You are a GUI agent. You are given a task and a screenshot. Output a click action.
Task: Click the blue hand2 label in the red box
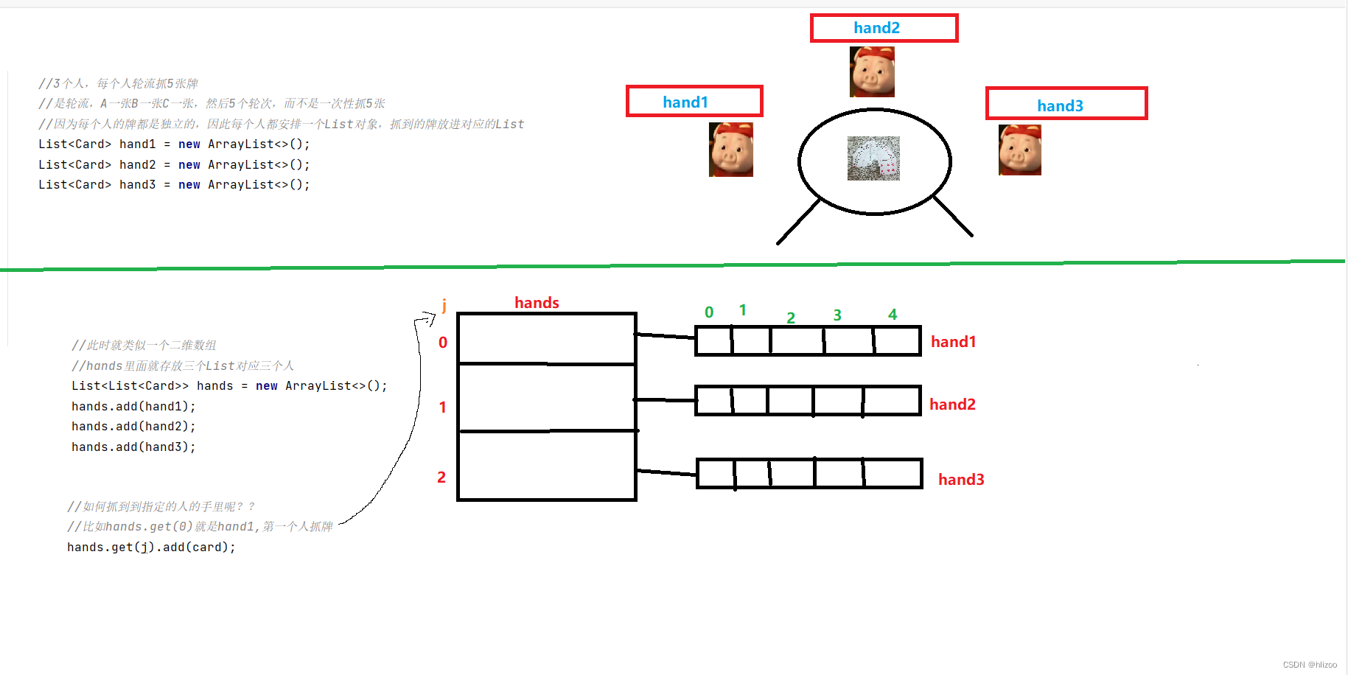(x=876, y=28)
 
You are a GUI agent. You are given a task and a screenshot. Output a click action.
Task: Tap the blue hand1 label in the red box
(x=685, y=102)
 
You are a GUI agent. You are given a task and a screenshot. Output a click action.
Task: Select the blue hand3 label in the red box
(x=1060, y=106)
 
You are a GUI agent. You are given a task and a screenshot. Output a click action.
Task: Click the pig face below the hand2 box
(x=872, y=72)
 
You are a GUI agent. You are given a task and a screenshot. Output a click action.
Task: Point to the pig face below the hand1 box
(x=730, y=150)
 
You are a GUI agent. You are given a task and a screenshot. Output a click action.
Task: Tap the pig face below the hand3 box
(x=1019, y=150)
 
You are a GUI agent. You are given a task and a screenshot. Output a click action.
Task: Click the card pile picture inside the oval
(x=873, y=158)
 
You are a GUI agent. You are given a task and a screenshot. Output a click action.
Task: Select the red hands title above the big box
(x=537, y=303)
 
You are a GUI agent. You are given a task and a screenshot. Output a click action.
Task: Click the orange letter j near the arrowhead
(x=444, y=304)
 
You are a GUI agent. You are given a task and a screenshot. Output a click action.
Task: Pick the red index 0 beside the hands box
(x=443, y=343)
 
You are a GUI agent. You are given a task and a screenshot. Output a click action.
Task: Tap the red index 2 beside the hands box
(x=441, y=478)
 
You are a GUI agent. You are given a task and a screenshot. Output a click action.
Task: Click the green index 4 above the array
(x=893, y=315)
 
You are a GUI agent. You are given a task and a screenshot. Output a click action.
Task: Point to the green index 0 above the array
(x=709, y=312)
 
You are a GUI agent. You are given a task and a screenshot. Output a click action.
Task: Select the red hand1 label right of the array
(x=953, y=342)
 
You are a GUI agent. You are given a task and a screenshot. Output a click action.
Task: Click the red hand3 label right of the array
(x=961, y=480)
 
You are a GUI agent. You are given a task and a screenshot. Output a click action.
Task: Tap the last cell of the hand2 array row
(x=891, y=401)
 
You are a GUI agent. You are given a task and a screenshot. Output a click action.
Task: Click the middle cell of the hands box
(x=546, y=397)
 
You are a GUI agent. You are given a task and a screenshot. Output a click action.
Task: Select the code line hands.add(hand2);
(x=133, y=427)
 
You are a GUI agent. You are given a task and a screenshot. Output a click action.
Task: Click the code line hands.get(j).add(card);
(x=151, y=548)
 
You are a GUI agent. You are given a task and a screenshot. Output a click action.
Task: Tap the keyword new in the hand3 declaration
(x=189, y=185)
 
